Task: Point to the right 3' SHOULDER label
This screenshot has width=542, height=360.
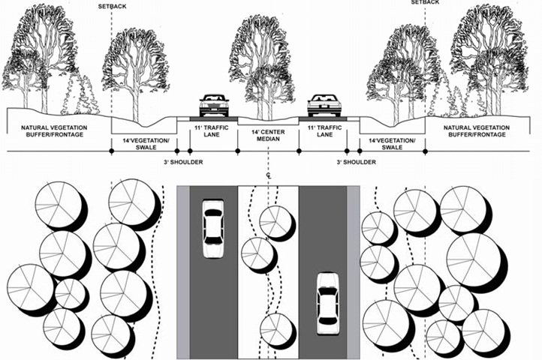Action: [354, 162]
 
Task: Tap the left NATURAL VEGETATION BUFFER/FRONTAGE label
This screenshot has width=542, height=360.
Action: [54, 132]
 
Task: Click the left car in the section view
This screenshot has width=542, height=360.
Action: [213, 106]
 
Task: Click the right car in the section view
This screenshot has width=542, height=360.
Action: [324, 106]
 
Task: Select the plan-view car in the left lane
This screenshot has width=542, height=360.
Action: [213, 227]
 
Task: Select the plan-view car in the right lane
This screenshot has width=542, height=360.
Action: [327, 301]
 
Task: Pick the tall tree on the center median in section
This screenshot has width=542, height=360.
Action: [259, 60]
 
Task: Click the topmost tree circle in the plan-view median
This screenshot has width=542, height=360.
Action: [276, 219]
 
